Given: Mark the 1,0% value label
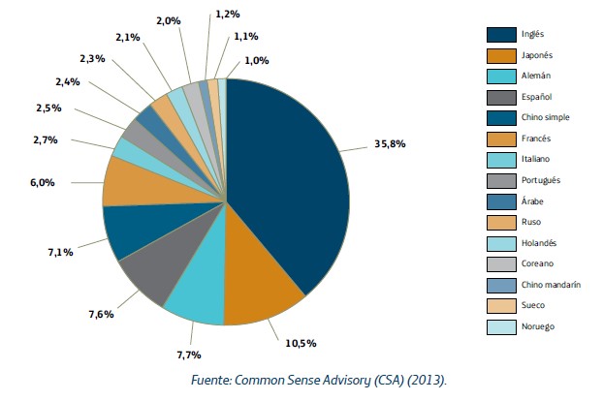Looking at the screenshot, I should (257, 59).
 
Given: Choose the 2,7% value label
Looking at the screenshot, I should (46, 139).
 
